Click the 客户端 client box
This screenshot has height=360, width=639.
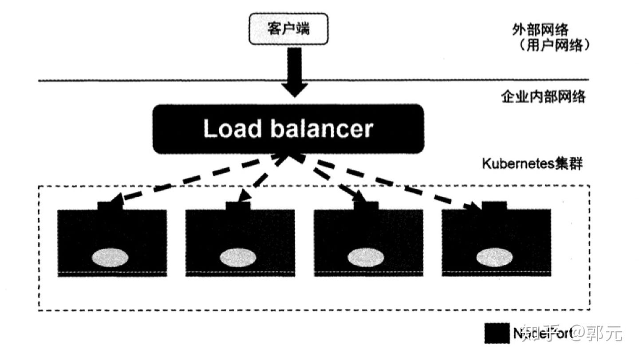[x=288, y=29]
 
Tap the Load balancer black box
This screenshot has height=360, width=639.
[x=288, y=129]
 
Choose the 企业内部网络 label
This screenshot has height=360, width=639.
[x=543, y=96]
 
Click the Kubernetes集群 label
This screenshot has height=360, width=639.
[x=532, y=163]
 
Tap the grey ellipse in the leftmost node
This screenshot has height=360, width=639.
[x=110, y=257]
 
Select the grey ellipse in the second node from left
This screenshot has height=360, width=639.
[x=238, y=257]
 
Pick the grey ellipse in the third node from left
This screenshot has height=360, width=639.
[x=366, y=257]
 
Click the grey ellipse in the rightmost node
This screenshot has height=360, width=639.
[x=495, y=257]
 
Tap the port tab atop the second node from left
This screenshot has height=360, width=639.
[x=238, y=206]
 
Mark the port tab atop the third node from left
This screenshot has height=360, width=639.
[x=367, y=206]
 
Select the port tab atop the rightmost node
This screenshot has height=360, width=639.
[x=494, y=206]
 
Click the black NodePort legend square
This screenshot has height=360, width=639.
[x=497, y=333]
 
